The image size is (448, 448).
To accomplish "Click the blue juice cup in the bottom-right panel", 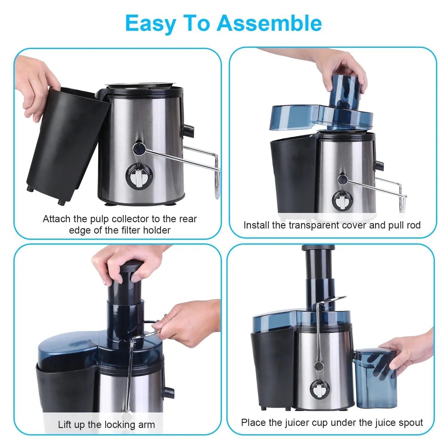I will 376,378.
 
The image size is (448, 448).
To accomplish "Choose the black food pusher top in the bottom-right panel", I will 318,248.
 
